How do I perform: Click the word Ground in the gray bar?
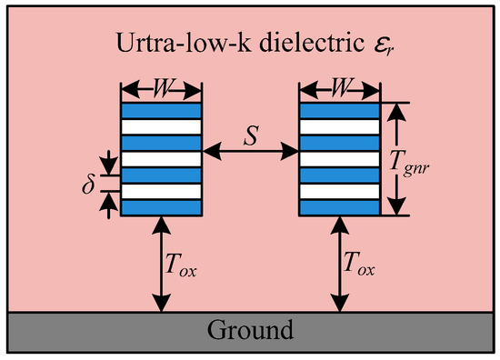pyautogui.click(x=250, y=329)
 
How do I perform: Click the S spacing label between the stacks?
pyautogui.click(x=251, y=135)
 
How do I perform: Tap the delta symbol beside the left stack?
pyautogui.click(x=88, y=185)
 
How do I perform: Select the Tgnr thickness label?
pyautogui.click(x=409, y=164)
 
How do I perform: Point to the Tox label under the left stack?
pyautogui.click(x=181, y=265)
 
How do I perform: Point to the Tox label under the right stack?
pyautogui.click(x=359, y=264)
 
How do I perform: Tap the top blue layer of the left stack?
pyautogui.click(x=161, y=111)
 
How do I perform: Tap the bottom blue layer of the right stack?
pyautogui.click(x=340, y=207)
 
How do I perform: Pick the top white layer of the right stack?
pyautogui.click(x=340, y=127)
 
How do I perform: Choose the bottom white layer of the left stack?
pyautogui.click(x=161, y=191)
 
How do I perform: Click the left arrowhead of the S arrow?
pyautogui.click(x=212, y=152)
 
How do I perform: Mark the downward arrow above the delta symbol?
pyautogui.click(x=109, y=163)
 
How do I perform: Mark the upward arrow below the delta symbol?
pyautogui.click(x=109, y=205)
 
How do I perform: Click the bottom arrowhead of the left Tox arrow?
pyautogui.click(x=162, y=302)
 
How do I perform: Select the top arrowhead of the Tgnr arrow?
pyautogui.click(x=396, y=112)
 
